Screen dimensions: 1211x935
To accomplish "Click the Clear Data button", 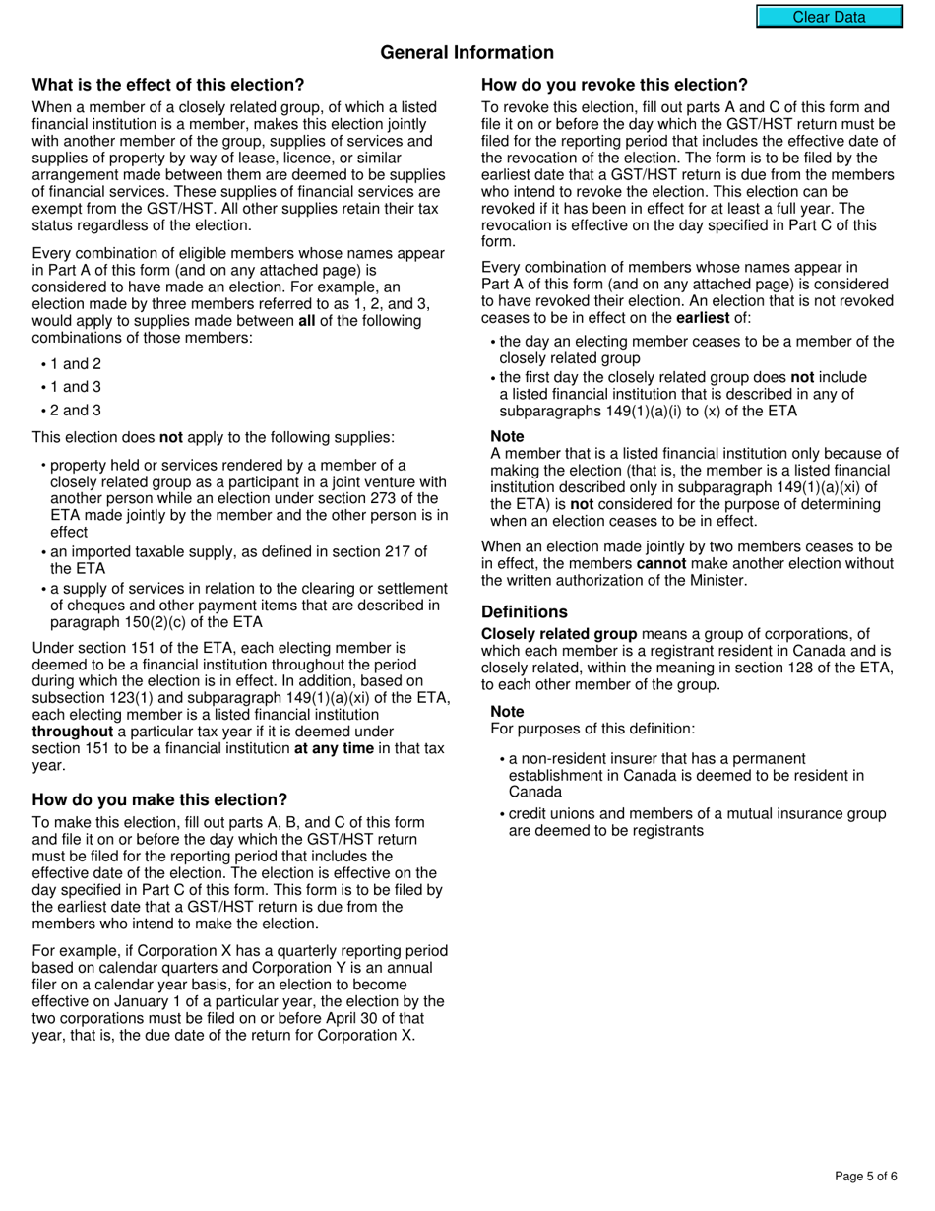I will pyautogui.click(x=829, y=17).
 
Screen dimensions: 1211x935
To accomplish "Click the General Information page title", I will pyautogui.click(x=467, y=52).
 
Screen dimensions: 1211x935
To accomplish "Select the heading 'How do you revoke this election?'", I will pyautogui.click(x=614, y=85).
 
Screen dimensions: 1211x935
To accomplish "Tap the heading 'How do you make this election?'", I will pyautogui.click(x=159, y=799).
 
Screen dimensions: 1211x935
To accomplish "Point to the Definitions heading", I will pyautogui.click(x=524, y=611).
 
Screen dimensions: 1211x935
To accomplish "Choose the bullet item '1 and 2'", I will pyautogui.click(x=76, y=363).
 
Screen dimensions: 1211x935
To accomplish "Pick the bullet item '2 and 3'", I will pyautogui.click(x=76, y=410).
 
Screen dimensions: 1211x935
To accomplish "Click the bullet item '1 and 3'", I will pyautogui.click(x=76, y=387).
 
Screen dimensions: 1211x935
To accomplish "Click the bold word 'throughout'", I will pyautogui.click(x=72, y=732).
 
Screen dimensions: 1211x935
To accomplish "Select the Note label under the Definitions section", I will pyautogui.click(x=507, y=711).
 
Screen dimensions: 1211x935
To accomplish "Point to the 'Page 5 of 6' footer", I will pyautogui.click(x=865, y=1176).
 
